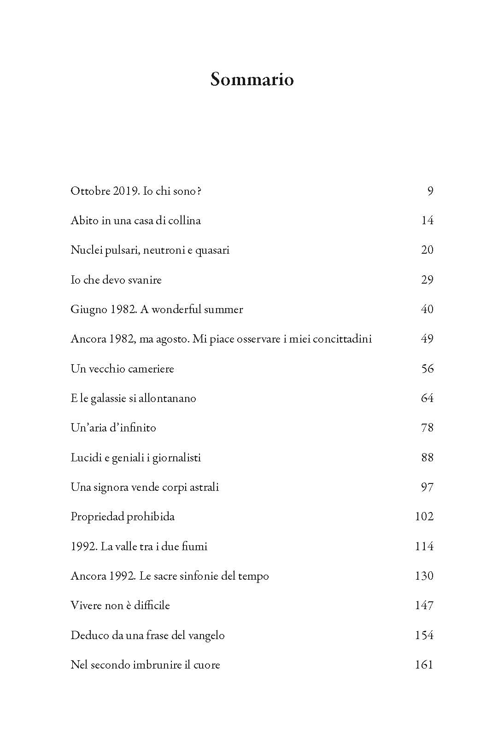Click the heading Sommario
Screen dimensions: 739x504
tap(252, 80)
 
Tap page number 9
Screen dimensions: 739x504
tap(430, 191)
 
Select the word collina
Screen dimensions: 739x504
tap(184, 221)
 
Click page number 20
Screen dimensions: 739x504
tap(427, 250)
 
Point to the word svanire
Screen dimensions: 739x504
tap(145, 280)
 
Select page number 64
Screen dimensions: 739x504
tap(427, 398)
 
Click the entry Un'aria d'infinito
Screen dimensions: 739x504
tap(113, 428)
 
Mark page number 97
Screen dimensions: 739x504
tap(427, 487)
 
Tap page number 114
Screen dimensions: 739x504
tap(424, 547)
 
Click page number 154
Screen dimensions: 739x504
tap(424, 635)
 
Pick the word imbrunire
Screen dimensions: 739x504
tap(157, 665)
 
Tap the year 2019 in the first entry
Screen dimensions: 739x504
tap(124, 191)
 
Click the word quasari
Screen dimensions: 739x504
tap(212, 250)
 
